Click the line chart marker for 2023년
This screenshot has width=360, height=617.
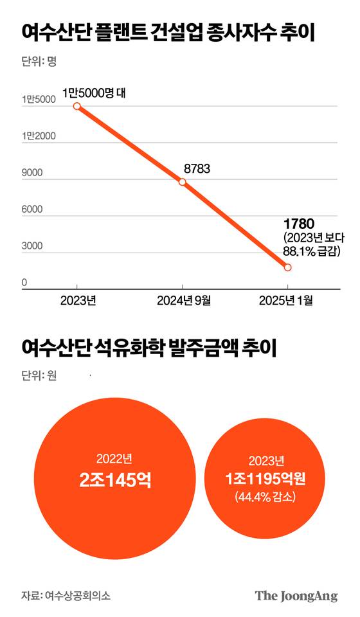click(77, 106)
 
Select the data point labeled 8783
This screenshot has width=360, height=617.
click(183, 182)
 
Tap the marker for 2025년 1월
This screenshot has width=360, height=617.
click(287, 267)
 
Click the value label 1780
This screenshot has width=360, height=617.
click(298, 224)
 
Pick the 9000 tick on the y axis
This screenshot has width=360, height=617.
click(32, 172)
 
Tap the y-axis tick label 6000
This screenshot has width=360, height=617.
click(32, 209)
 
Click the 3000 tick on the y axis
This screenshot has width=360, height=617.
click(32, 246)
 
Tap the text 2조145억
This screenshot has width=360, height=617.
click(114, 479)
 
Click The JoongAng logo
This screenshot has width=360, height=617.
click(296, 595)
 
